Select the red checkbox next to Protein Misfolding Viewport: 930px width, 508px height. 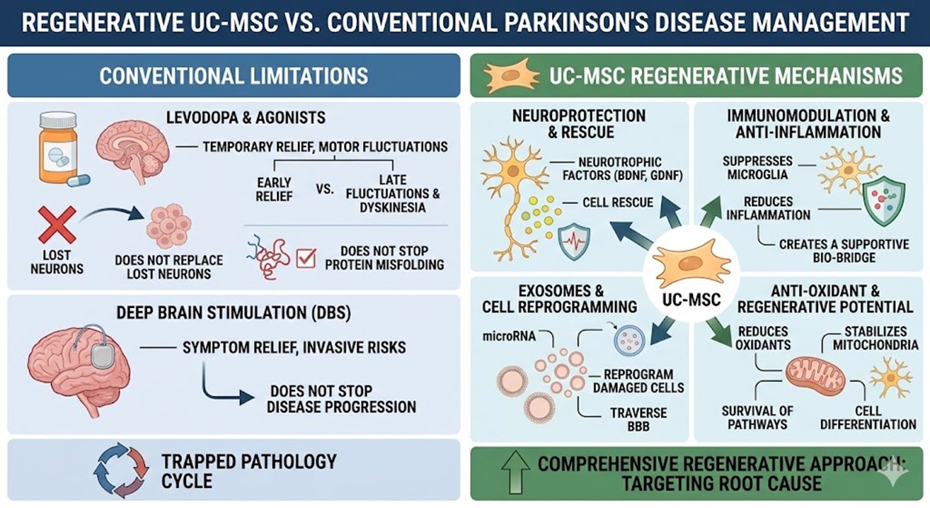(306, 258)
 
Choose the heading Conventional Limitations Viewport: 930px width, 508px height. (233, 76)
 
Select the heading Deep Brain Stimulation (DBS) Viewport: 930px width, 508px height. (233, 312)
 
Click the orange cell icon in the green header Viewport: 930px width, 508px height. (511, 76)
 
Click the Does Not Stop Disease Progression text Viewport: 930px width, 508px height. (341, 399)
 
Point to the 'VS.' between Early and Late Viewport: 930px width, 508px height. (324, 189)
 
